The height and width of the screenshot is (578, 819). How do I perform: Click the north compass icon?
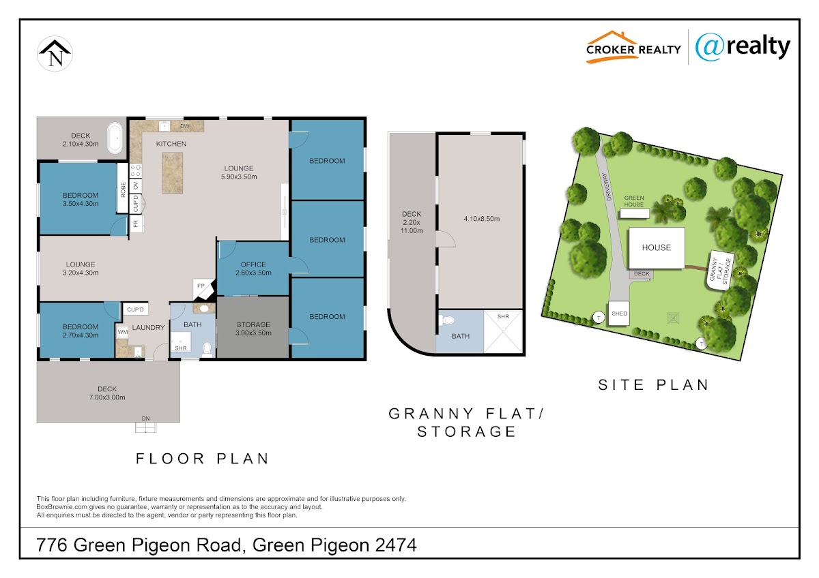55,54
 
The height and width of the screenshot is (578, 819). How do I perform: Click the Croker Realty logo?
633,48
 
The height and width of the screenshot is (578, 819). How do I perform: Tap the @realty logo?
743,48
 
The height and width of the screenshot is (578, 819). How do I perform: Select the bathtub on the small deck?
115,138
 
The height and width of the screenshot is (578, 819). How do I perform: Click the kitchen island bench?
173,172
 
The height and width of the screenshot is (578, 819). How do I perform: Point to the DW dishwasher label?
185,126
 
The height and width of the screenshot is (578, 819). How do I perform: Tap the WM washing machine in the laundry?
122,332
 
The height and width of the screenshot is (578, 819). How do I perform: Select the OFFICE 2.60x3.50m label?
253,269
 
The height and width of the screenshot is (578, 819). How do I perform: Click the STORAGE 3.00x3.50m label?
253,329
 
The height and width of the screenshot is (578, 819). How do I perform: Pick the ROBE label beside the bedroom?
124,190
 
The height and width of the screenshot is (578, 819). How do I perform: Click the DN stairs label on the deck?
145,419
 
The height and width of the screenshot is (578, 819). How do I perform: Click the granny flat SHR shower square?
503,331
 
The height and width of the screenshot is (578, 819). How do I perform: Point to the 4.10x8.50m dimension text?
482,219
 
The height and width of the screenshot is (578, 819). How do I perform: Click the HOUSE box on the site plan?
657,248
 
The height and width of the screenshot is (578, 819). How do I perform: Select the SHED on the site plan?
619,314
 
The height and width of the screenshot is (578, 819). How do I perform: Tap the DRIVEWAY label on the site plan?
607,187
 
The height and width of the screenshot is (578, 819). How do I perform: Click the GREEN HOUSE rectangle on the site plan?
635,213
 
